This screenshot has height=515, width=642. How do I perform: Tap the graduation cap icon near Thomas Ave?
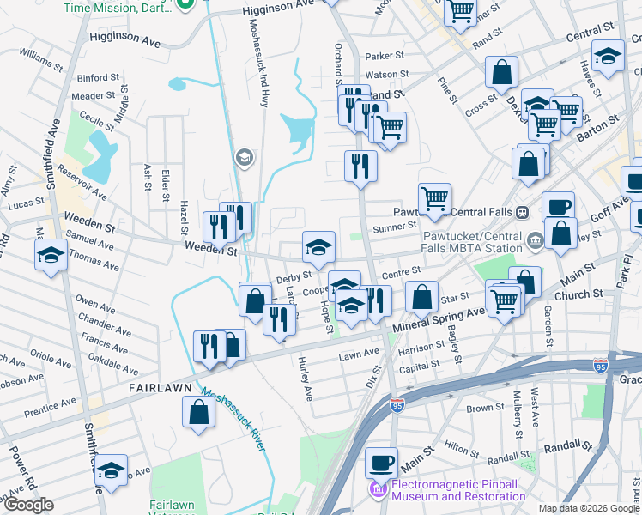point(51,254)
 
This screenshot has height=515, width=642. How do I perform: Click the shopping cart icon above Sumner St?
point(434,198)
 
